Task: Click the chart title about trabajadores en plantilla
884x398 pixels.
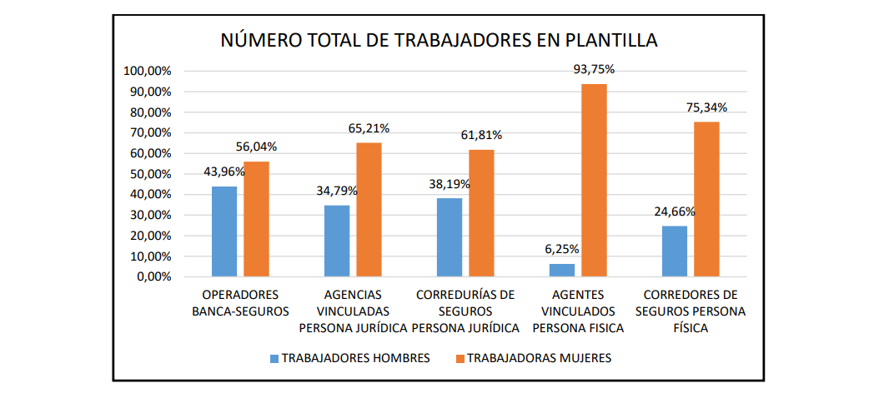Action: [x=439, y=40]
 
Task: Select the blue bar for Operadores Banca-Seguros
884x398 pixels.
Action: [x=224, y=231]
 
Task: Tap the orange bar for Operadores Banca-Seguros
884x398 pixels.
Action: [x=256, y=219]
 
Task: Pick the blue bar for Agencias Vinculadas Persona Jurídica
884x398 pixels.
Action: [x=337, y=241]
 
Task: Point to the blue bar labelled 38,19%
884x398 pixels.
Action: [x=450, y=237]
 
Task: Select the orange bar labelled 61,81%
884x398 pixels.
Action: [x=481, y=213]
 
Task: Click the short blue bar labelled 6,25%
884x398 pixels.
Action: [x=562, y=270]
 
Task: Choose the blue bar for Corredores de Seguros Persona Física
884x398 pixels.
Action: [x=675, y=251]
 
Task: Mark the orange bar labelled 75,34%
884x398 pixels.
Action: [x=706, y=199]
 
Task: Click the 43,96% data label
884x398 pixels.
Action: [x=224, y=172]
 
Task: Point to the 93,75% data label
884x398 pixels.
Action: [x=594, y=70]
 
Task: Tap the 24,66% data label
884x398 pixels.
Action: [x=675, y=211]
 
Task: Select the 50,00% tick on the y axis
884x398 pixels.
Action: [x=150, y=174]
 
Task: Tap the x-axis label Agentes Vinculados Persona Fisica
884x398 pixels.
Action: [x=578, y=311]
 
